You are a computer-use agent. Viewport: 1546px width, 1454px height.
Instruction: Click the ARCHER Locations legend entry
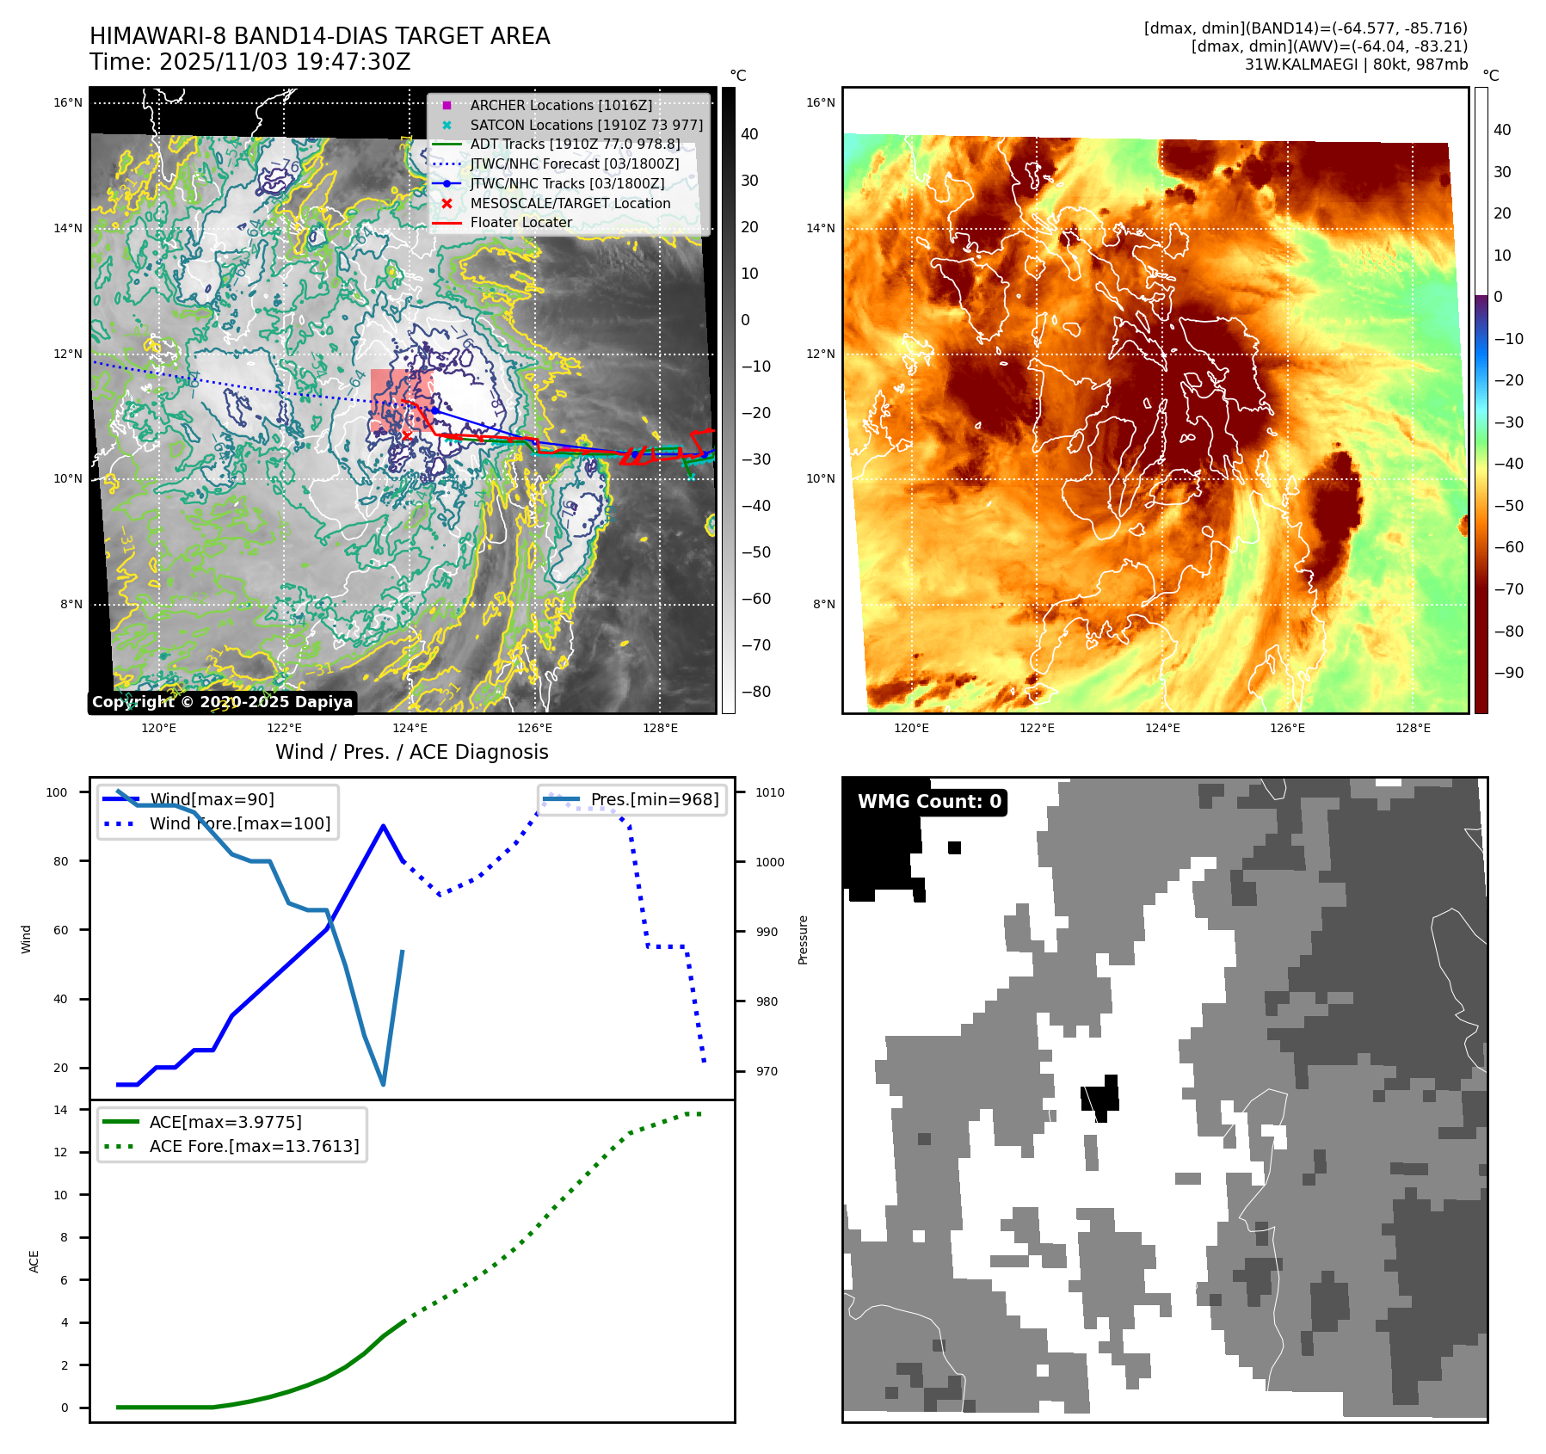[560, 105]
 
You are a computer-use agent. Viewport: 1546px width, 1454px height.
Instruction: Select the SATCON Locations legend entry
[586, 125]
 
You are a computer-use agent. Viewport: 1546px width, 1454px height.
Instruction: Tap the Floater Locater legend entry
[520, 222]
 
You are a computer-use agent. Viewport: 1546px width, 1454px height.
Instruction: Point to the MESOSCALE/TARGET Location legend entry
[570, 203]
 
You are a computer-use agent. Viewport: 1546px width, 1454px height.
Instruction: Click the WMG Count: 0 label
[929, 802]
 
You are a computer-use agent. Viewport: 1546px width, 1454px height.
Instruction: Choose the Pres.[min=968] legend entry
[654, 799]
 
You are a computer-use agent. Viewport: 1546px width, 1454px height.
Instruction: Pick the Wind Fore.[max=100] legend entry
[239, 823]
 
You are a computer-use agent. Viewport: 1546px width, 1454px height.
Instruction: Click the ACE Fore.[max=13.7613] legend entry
[254, 1146]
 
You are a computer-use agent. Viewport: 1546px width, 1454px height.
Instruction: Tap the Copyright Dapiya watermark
[222, 702]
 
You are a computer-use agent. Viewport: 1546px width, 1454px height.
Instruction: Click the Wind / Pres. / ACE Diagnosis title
[411, 752]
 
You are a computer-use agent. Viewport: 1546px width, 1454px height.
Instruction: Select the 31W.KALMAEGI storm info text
[1356, 65]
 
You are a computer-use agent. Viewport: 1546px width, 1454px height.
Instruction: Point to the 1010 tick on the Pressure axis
[770, 792]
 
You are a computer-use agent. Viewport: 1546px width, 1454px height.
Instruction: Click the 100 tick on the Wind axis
[57, 792]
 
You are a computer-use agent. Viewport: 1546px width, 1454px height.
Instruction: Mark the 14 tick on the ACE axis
[60, 1110]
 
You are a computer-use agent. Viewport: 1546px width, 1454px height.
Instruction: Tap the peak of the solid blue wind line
[383, 826]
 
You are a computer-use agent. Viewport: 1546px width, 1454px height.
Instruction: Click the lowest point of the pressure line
[383, 1084]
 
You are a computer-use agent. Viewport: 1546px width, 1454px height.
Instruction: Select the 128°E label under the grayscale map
[660, 729]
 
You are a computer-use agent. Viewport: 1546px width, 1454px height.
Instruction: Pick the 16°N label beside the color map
[820, 103]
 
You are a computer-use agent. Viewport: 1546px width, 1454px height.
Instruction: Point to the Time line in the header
[249, 63]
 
